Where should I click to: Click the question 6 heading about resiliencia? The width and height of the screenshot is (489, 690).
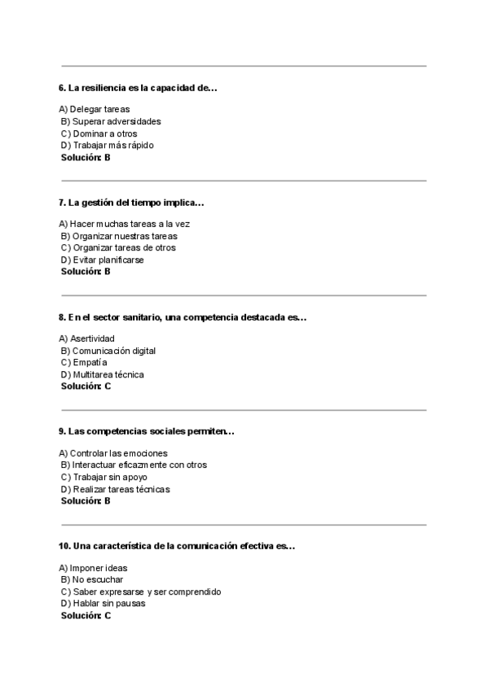(138, 88)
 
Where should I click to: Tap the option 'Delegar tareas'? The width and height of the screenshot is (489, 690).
(95, 109)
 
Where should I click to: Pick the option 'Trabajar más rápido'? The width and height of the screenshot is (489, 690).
(107, 146)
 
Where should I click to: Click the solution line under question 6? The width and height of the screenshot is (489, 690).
(86, 157)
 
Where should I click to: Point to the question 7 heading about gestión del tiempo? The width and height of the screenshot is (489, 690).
(131, 203)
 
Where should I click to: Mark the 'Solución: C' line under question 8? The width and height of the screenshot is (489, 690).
(86, 386)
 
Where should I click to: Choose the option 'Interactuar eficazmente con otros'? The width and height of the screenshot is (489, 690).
(134, 465)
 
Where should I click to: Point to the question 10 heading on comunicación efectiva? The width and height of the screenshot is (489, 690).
(177, 546)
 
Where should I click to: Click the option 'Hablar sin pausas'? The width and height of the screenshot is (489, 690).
(104, 604)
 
